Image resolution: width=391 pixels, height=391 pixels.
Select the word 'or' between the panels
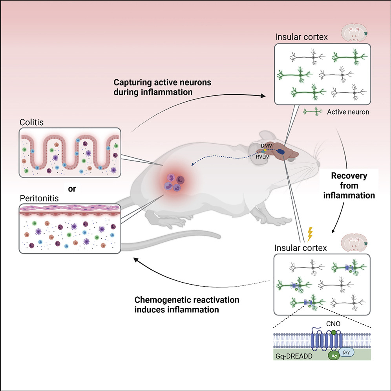pyautogui.click(x=72, y=188)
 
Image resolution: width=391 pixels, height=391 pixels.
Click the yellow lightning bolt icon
pyautogui.click(x=310, y=234)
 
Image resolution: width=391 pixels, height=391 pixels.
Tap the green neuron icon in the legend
pyautogui.click(x=315, y=112)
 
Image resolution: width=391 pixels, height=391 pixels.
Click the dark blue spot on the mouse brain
pyautogui.click(x=282, y=152)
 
